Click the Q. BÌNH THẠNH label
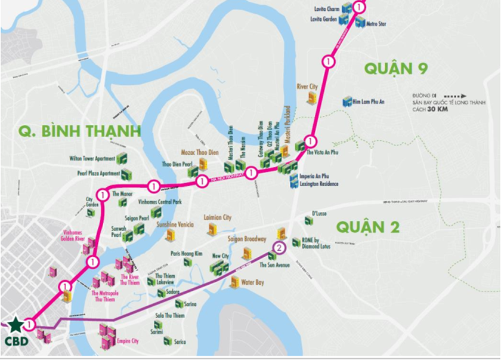tap(79, 130)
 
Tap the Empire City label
tap(127, 341)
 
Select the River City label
tap(308, 86)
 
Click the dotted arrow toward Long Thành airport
tap(457, 96)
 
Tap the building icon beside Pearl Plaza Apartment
tap(126, 174)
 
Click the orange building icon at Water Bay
tap(235, 281)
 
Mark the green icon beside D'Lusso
tap(308, 220)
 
